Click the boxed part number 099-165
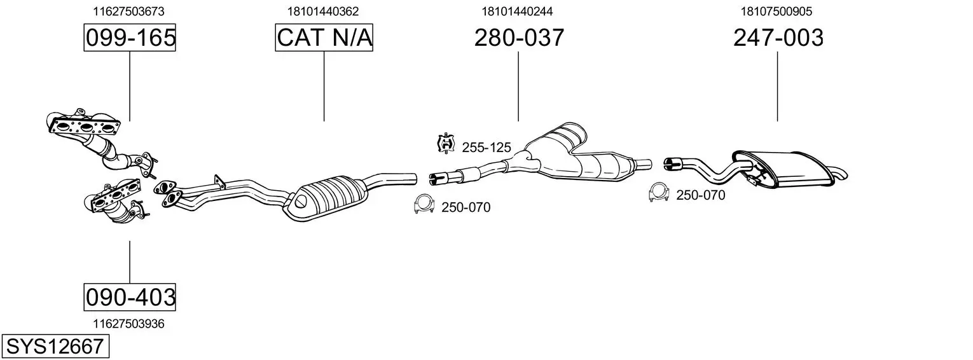tap(130, 38)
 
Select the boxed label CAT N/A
tap(324, 38)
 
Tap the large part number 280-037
tap(519, 38)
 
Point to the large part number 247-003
tap(778, 38)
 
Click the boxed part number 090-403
tap(130, 297)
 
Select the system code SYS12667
tap(55, 346)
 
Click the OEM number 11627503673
tap(128, 11)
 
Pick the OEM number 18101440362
tap(322, 11)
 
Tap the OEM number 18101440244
tap(517, 11)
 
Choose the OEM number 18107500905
tap(776, 11)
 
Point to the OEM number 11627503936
tap(128, 324)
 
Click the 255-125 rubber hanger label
tap(486, 148)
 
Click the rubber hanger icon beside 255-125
tap(446, 143)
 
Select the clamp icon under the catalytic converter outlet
tap(424, 204)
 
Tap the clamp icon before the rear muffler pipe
tap(658, 192)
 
